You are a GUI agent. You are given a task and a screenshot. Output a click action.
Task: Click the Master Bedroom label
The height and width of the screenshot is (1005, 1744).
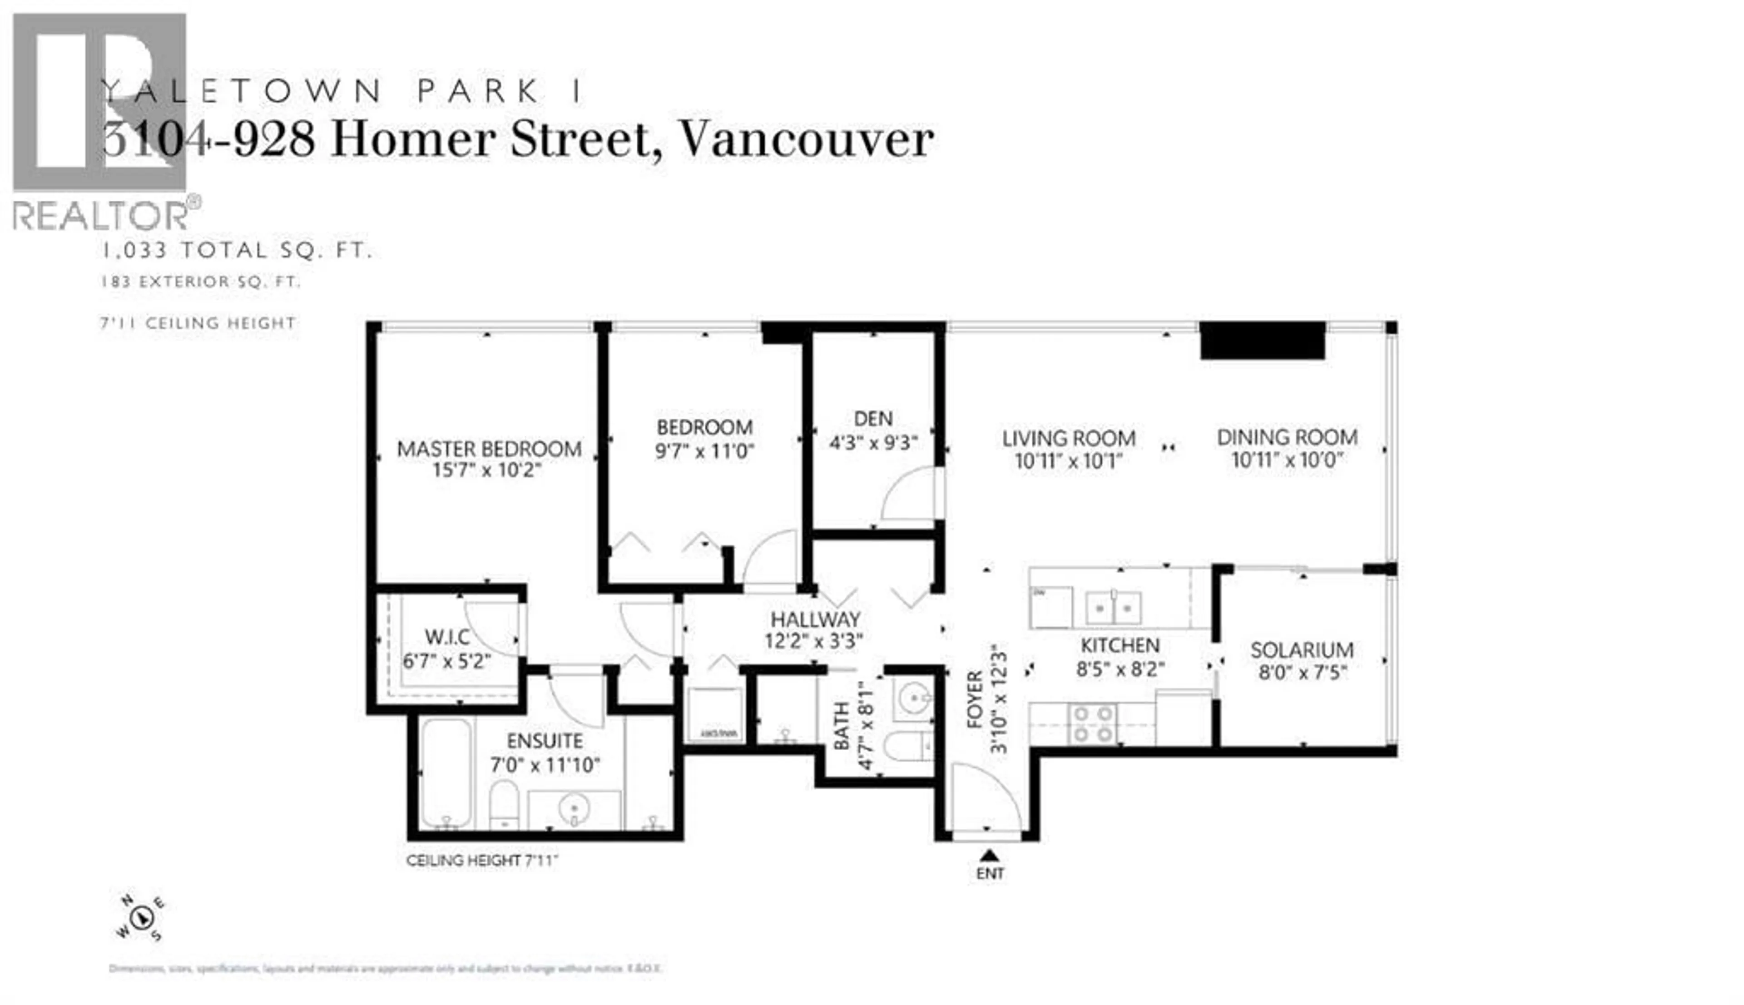[x=489, y=449]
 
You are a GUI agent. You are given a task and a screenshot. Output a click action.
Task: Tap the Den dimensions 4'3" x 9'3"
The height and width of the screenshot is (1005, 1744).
[x=873, y=442]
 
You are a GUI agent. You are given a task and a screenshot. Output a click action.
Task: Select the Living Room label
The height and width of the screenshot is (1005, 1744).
[x=1068, y=438]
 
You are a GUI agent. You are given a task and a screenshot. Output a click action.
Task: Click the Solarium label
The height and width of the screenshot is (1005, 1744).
[x=1302, y=649]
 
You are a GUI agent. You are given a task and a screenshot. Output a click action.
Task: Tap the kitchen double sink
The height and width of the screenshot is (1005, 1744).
[x=1113, y=608]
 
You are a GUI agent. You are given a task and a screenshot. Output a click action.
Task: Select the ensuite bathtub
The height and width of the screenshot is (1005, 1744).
[x=446, y=772]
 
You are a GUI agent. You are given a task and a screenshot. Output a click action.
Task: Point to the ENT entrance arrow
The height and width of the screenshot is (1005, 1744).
[x=989, y=856]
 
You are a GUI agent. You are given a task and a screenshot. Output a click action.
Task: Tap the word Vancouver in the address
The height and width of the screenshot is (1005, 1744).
[x=806, y=140]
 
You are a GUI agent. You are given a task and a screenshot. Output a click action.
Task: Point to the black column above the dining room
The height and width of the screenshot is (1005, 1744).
[x=1262, y=341]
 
